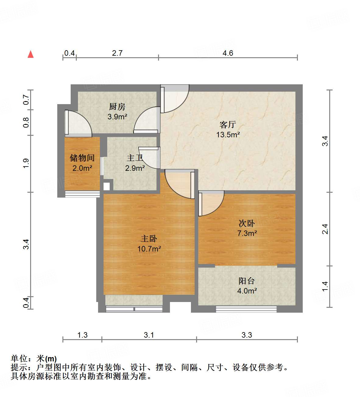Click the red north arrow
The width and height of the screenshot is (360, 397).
(x=30, y=54)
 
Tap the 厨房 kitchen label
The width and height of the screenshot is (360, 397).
(x=117, y=107)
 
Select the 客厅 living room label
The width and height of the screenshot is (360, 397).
(x=228, y=125)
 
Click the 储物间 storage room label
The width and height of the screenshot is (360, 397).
(x=82, y=158)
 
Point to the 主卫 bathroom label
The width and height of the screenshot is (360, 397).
(x=135, y=158)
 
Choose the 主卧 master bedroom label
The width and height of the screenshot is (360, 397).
(x=149, y=239)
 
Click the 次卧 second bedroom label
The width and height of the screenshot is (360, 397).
(x=247, y=223)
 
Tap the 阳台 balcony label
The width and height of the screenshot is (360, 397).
(x=247, y=281)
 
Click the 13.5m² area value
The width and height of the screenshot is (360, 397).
(x=228, y=135)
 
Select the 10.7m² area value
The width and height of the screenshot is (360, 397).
(x=149, y=249)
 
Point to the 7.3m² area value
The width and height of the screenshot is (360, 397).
(x=247, y=234)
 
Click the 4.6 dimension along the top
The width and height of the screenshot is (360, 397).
(x=228, y=53)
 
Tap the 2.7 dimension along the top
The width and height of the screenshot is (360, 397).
(x=117, y=53)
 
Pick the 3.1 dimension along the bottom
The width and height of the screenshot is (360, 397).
(x=149, y=335)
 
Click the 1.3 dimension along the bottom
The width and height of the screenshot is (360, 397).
(x=83, y=335)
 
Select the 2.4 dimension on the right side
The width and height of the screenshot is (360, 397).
(x=325, y=229)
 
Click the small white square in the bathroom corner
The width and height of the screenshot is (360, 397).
(x=107, y=186)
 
